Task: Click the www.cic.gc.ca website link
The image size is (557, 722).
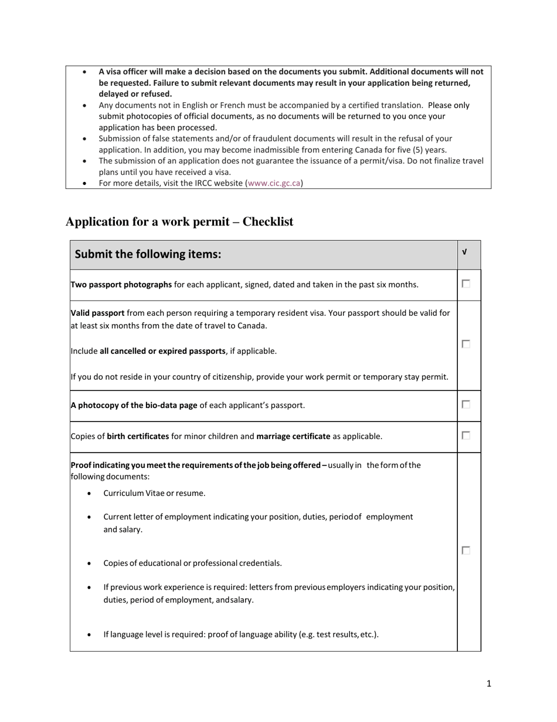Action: coord(274,183)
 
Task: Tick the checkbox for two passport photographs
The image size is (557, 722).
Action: coord(466,284)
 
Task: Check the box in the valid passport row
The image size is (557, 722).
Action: coord(466,345)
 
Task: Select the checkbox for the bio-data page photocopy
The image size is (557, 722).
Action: coord(466,404)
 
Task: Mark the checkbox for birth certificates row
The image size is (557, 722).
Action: coord(466,436)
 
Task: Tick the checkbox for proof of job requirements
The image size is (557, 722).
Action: coord(466,551)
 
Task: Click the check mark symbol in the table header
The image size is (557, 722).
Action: coord(464,252)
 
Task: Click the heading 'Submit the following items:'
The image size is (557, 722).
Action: coord(148,254)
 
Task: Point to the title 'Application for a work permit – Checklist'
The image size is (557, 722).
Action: coord(179,222)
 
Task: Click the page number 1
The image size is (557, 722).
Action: coord(488,683)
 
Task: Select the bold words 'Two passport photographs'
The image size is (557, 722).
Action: coord(121,285)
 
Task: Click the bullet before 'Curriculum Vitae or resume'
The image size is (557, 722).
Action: coord(89,494)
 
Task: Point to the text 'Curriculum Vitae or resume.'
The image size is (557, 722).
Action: coord(154,493)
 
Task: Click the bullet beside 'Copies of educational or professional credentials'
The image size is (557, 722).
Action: coord(89,564)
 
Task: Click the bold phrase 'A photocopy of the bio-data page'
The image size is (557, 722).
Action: coord(134,405)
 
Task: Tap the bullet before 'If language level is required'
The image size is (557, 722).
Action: coord(89,635)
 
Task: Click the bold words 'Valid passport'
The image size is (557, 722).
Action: coord(97,313)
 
